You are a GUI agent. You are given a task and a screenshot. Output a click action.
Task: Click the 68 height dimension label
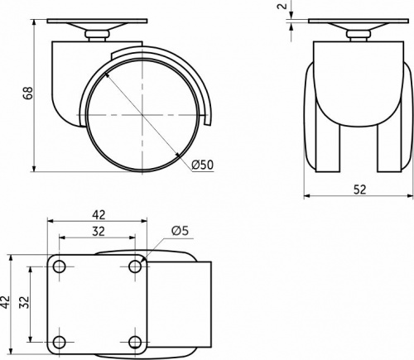pos(28,93)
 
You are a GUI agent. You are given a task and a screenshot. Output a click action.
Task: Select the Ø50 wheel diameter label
pos(203,165)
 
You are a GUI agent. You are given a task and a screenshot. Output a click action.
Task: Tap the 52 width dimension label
pos(360,190)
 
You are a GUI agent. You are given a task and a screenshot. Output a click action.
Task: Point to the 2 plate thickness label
pos(282,6)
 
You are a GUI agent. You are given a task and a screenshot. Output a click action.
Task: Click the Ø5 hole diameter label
pos(180,231)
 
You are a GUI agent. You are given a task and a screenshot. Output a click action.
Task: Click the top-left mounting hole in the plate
pos(59,266)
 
